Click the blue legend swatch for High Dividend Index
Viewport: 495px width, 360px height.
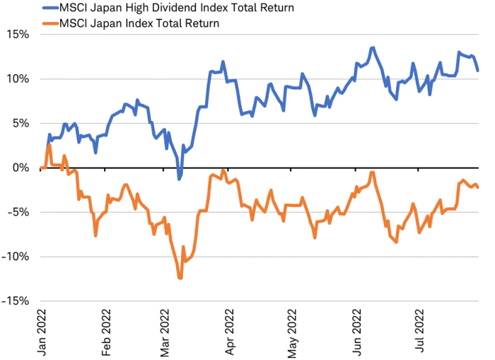[x=49, y=8]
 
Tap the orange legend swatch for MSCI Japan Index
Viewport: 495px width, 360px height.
[x=49, y=23]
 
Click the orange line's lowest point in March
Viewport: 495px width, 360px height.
[x=180, y=278]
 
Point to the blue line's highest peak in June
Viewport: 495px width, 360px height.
[x=372, y=47]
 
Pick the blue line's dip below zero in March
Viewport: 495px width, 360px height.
[x=180, y=179]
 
